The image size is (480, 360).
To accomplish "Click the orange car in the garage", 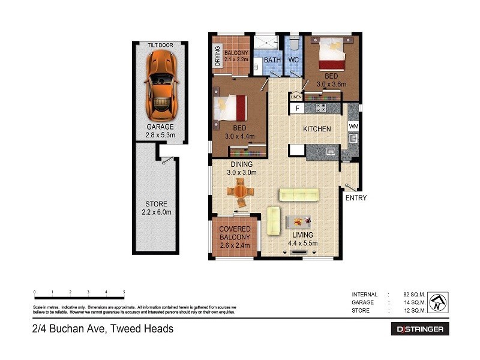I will (160, 85).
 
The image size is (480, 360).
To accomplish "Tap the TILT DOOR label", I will (160, 46).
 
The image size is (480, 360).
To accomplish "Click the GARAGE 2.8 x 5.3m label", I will (160, 131).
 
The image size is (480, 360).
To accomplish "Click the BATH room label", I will (272, 61).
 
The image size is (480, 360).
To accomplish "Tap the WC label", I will (293, 61).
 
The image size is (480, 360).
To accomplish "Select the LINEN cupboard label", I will (295, 97).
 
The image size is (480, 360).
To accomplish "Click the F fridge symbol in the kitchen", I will (296, 109).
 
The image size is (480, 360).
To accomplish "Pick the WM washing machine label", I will (353, 127).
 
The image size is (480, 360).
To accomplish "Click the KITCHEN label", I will (317, 130).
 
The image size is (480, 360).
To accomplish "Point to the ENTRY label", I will (355, 198).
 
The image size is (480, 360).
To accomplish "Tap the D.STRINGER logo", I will (420, 329).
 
